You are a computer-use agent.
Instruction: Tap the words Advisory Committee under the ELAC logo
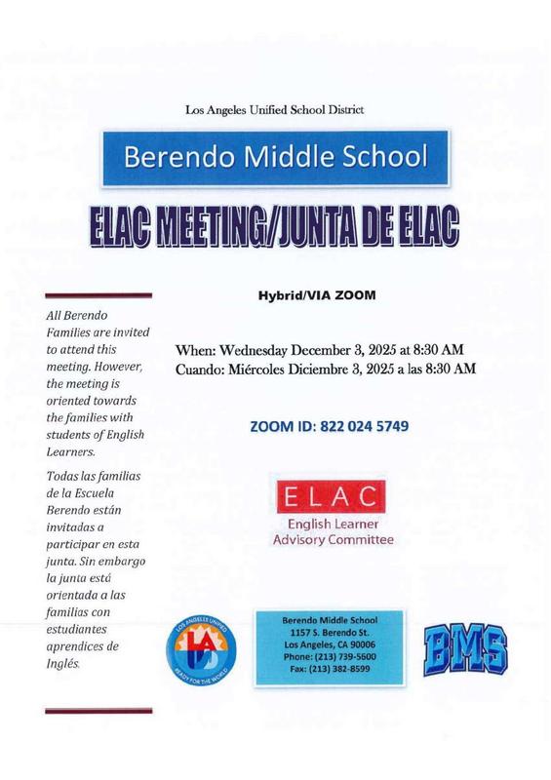(x=334, y=538)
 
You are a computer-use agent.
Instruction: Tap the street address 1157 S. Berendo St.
(x=335, y=632)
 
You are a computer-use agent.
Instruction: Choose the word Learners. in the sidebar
(x=71, y=452)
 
